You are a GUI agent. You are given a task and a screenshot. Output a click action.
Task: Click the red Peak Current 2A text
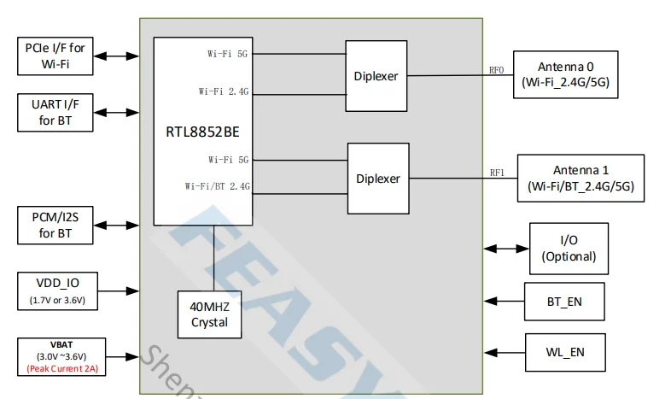tap(55, 369)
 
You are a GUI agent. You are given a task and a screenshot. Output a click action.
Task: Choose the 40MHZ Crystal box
tap(208, 314)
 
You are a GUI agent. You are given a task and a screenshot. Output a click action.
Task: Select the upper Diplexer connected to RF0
tap(376, 75)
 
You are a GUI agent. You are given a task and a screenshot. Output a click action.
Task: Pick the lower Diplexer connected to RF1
tap(377, 179)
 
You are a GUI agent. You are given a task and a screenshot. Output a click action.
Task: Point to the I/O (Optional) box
tap(569, 248)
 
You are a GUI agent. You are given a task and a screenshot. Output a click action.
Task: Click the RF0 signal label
tap(497, 70)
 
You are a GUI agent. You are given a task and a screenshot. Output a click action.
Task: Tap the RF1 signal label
tap(497, 173)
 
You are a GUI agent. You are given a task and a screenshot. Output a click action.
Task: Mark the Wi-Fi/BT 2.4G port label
tap(218, 185)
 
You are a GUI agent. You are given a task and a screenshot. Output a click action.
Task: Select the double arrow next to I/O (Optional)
tap(505, 248)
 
